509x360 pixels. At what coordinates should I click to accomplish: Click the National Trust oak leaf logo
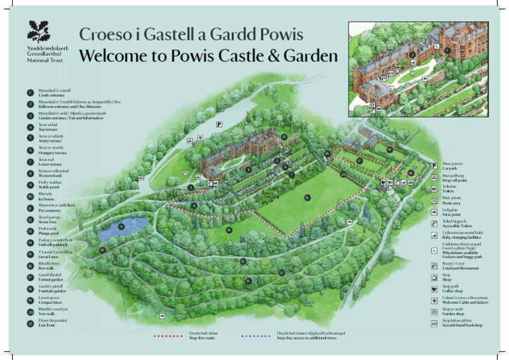(x=38, y=32)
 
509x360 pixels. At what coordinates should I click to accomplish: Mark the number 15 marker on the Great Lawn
(x=307, y=198)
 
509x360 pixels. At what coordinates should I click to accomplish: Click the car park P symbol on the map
(x=218, y=125)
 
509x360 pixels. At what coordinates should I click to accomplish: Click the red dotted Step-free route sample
(x=168, y=336)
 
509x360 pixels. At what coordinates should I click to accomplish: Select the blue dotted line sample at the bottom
(x=256, y=336)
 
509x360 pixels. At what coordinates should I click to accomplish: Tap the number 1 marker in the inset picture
(x=447, y=50)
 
